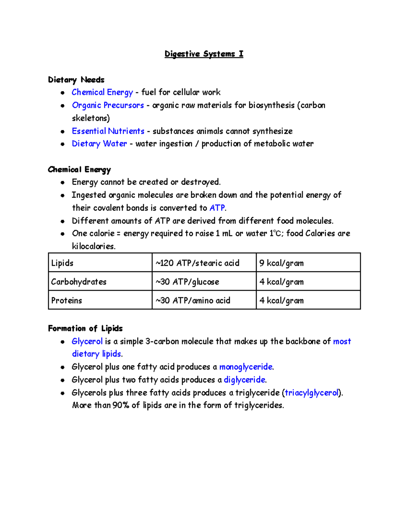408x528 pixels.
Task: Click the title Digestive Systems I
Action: pos(204,54)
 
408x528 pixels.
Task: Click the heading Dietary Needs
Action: pos(76,80)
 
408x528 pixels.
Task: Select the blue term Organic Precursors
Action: pos(108,105)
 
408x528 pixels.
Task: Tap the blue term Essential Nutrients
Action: pos(108,131)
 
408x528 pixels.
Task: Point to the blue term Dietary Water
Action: pos(99,144)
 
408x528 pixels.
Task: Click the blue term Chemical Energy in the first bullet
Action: pos(102,92)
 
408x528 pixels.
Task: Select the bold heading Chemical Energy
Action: pos(79,170)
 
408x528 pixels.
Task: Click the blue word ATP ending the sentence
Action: pos(217,208)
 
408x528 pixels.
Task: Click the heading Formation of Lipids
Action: pos(85,328)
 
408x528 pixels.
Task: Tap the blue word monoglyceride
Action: pos(245,367)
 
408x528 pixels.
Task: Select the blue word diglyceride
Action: pos(244,380)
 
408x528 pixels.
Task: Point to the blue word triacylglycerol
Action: pos(311,393)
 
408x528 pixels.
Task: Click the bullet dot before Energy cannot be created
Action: pos(63,183)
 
